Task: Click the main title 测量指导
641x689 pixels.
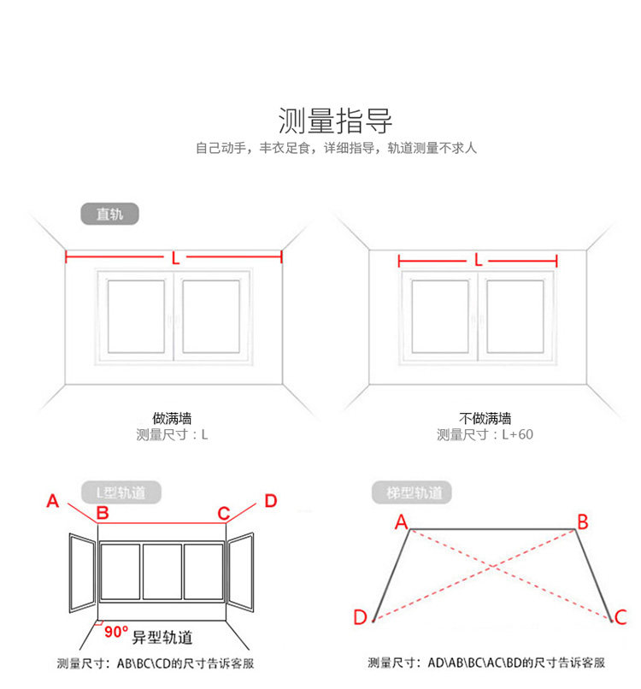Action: tap(335, 121)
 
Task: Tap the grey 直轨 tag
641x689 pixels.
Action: tap(110, 214)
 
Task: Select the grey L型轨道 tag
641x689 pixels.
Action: tap(121, 492)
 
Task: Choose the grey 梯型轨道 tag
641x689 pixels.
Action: tap(412, 492)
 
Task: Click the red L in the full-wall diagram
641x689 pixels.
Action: tap(175, 258)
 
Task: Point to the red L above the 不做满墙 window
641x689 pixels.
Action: tap(478, 261)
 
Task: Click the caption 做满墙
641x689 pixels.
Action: tap(172, 418)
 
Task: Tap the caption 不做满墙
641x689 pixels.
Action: tap(485, 418)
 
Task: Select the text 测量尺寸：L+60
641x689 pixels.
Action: tap(485, 434)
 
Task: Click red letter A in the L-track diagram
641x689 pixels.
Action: tap(53, 501)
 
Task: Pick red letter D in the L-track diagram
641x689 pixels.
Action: tap(271, 501)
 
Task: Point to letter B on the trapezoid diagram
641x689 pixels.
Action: tap(583, 522)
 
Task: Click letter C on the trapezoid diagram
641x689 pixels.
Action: tap(620, 617)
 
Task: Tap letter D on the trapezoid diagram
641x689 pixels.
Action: tap(361, 617)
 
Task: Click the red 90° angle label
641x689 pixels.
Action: tap(116, 632)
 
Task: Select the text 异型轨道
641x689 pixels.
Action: tap(162, 637)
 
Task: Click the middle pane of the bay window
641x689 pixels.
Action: tap(162, 572)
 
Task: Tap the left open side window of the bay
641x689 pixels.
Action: tap(82, 573)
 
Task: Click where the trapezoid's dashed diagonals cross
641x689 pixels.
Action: tap(492, 566)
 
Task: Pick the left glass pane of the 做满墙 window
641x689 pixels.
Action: tap(136, 316)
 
